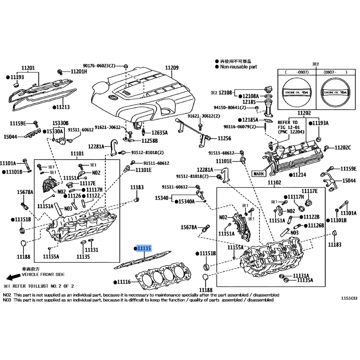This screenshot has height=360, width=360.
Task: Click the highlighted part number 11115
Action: [x=145, y=248]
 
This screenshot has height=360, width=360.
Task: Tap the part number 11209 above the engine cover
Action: [x=171, y=68]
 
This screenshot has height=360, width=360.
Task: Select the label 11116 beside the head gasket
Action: [x=123, y=282]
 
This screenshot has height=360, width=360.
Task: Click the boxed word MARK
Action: [x=259, y=173]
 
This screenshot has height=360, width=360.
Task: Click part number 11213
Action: [x=63, y=108]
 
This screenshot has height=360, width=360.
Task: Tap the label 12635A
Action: [x=159, y=133]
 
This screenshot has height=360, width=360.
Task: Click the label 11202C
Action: [x=342, y=148]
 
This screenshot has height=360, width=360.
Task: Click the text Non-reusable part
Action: [x=238, y=67]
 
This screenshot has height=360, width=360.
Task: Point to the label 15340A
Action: [x=186, y=202]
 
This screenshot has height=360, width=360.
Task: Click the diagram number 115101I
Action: [x=349, y=298]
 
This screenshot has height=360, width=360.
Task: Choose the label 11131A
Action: [x=301, y=275]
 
